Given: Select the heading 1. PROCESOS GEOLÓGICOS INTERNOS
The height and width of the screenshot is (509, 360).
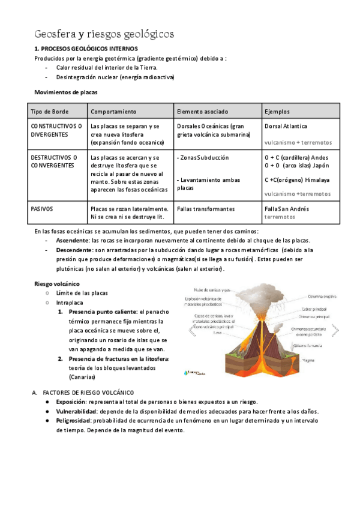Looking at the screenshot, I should tap(86, 48).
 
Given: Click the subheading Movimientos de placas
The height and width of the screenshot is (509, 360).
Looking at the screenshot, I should tap(65, 93).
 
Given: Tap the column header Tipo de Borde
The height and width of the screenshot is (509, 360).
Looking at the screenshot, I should tap(49, 112).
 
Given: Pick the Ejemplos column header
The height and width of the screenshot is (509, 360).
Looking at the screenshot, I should tap(277, 112).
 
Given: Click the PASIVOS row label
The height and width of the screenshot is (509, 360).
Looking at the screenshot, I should tap(41, 209).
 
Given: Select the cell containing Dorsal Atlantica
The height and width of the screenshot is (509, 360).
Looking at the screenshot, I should tap(286, 127).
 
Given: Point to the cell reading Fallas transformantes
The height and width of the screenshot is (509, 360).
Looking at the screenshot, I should tap(206, 209).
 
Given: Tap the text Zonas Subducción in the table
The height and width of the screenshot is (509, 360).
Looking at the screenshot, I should tap(205, 158).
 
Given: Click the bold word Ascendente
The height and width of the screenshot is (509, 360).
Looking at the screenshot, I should tap(73, 240).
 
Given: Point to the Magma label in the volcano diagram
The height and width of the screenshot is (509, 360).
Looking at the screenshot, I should tap(310, 361).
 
